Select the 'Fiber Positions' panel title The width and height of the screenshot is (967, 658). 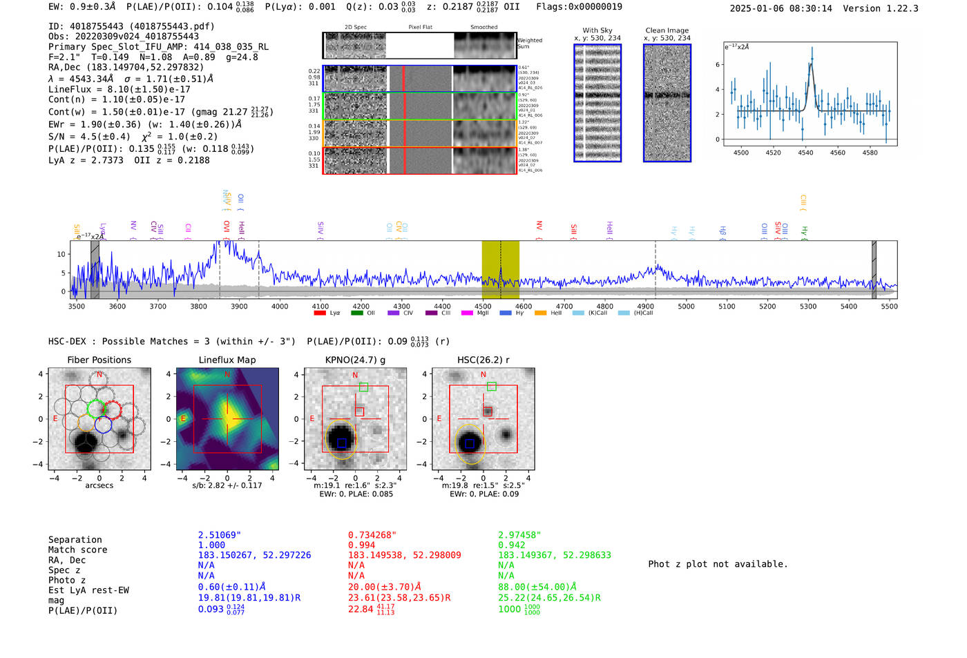pos(99,360)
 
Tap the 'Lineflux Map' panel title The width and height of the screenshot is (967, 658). pos(227,360)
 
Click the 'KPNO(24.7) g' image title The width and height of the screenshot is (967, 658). pos(355,360)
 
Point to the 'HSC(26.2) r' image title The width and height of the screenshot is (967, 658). pos(483,360)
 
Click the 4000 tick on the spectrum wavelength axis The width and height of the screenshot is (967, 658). pos(280,307)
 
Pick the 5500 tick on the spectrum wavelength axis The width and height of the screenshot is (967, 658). pos(889,307)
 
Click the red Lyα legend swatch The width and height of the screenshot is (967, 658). pos(320,313)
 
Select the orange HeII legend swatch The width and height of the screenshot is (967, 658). pos(540,313)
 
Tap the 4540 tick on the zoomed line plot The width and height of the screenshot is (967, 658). pos(805,153)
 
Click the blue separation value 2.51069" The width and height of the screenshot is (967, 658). pos(219,535)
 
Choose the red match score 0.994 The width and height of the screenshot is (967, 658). pos(362,545)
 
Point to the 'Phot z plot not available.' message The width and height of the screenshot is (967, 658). pos(718,564)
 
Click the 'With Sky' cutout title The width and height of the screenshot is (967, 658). pos(597,30)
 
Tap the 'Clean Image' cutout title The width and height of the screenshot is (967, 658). pos(667,30)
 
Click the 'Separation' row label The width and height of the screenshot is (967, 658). pos(75,540)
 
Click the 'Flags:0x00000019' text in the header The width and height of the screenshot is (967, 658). pos(579,7)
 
